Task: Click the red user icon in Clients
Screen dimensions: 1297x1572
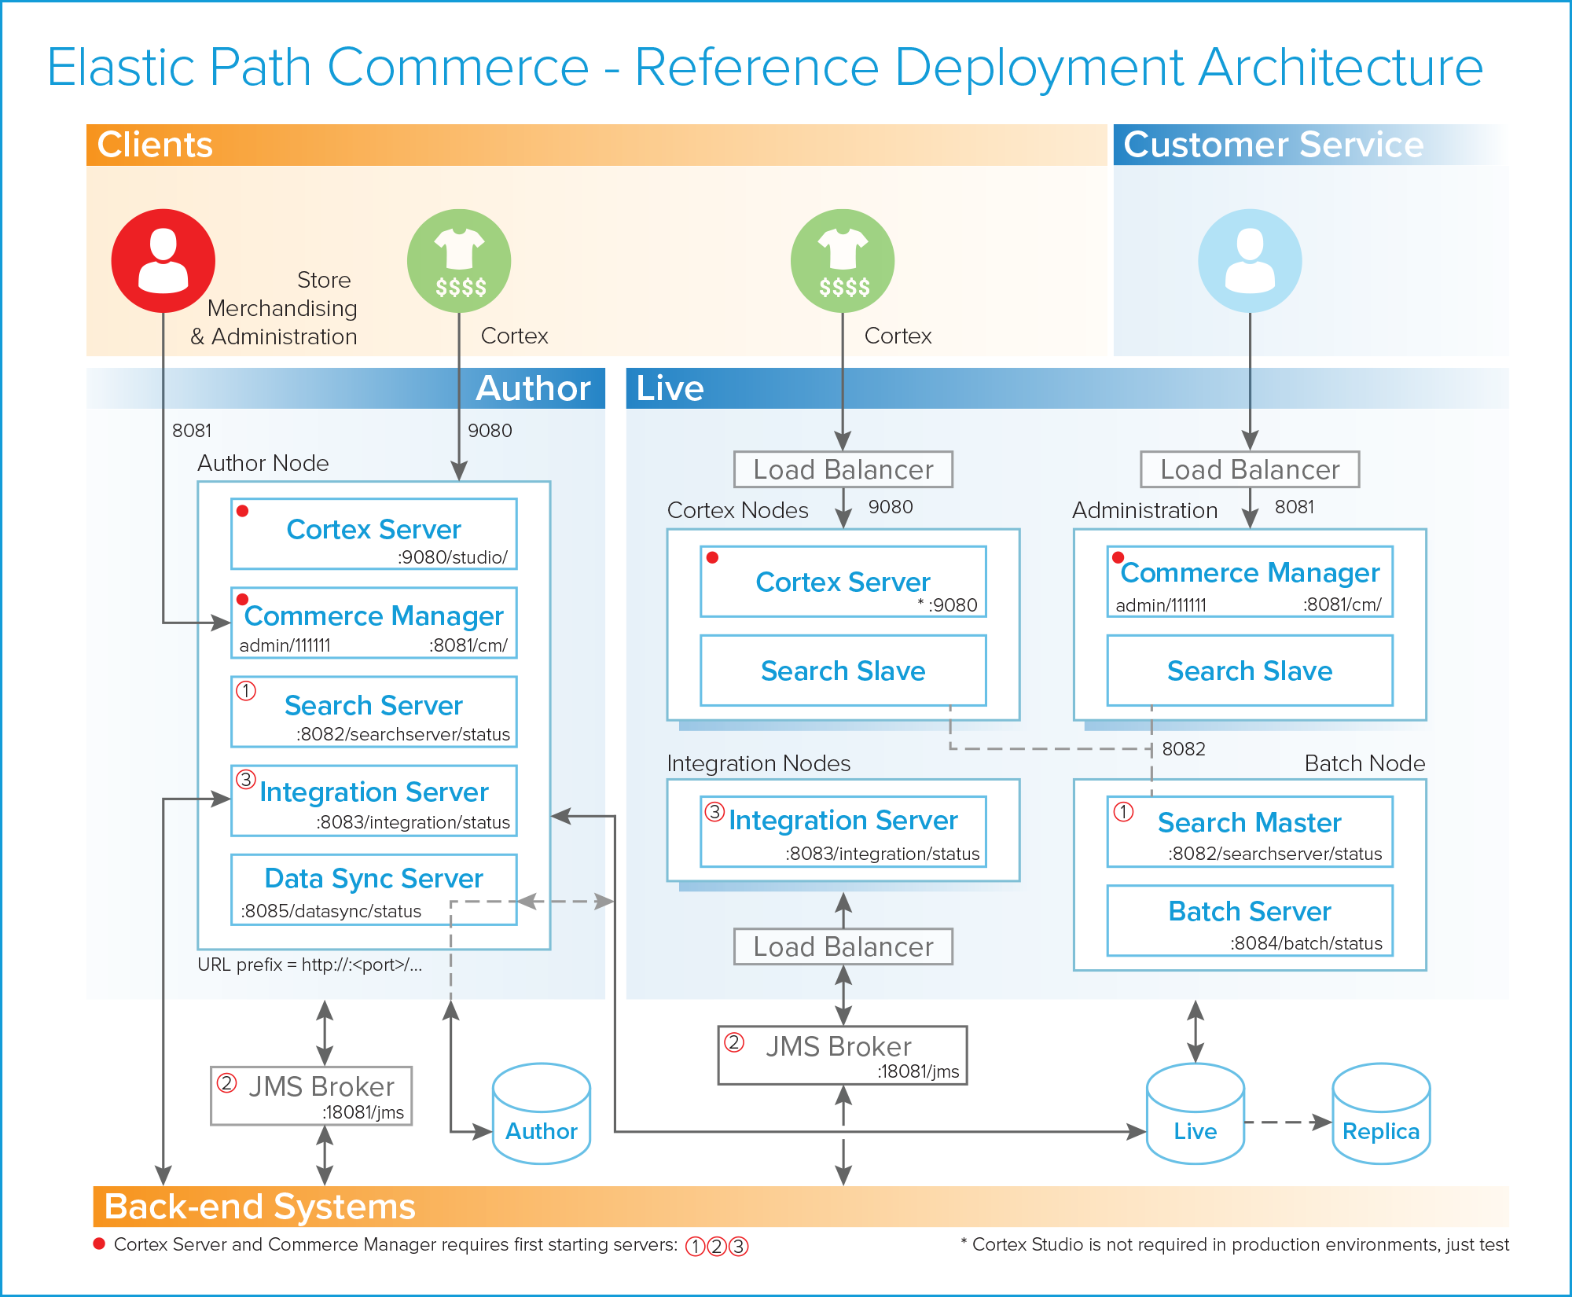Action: click(x=163, y=260)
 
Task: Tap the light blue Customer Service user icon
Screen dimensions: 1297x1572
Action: click(x=1250, y=260)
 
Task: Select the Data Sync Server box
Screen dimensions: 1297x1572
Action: click(x=373, y=890)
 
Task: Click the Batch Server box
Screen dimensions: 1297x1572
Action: click(x=1250, y=920)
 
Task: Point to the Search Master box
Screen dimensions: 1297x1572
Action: click(x=1250, y=832)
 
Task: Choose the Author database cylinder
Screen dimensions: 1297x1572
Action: click(x=541, y=1114)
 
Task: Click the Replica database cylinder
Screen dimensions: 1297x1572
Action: click(x=1381, y=1114)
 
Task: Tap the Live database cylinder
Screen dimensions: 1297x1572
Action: click(x=1195, y=1114)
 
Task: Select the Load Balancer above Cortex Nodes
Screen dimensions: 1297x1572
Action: click(x=843, y=469)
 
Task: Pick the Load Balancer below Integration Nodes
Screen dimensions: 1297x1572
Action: click(x=843, y=946)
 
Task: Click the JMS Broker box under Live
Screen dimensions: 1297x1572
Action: click(x=843, y=1055)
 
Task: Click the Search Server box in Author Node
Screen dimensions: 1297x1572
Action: click(x=373, y=711)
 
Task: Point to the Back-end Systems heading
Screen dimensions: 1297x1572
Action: click(x=259, y=1207)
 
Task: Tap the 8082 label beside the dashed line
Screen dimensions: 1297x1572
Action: click(x=1184, y=749)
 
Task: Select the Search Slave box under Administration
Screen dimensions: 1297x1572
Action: click(x=1250, y=671)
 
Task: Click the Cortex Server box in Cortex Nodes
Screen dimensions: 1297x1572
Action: click(x=843, y=582)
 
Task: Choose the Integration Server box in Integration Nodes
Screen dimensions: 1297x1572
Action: click(x=843, y=832)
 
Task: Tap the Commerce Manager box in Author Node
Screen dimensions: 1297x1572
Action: click(x=373, y=623)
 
